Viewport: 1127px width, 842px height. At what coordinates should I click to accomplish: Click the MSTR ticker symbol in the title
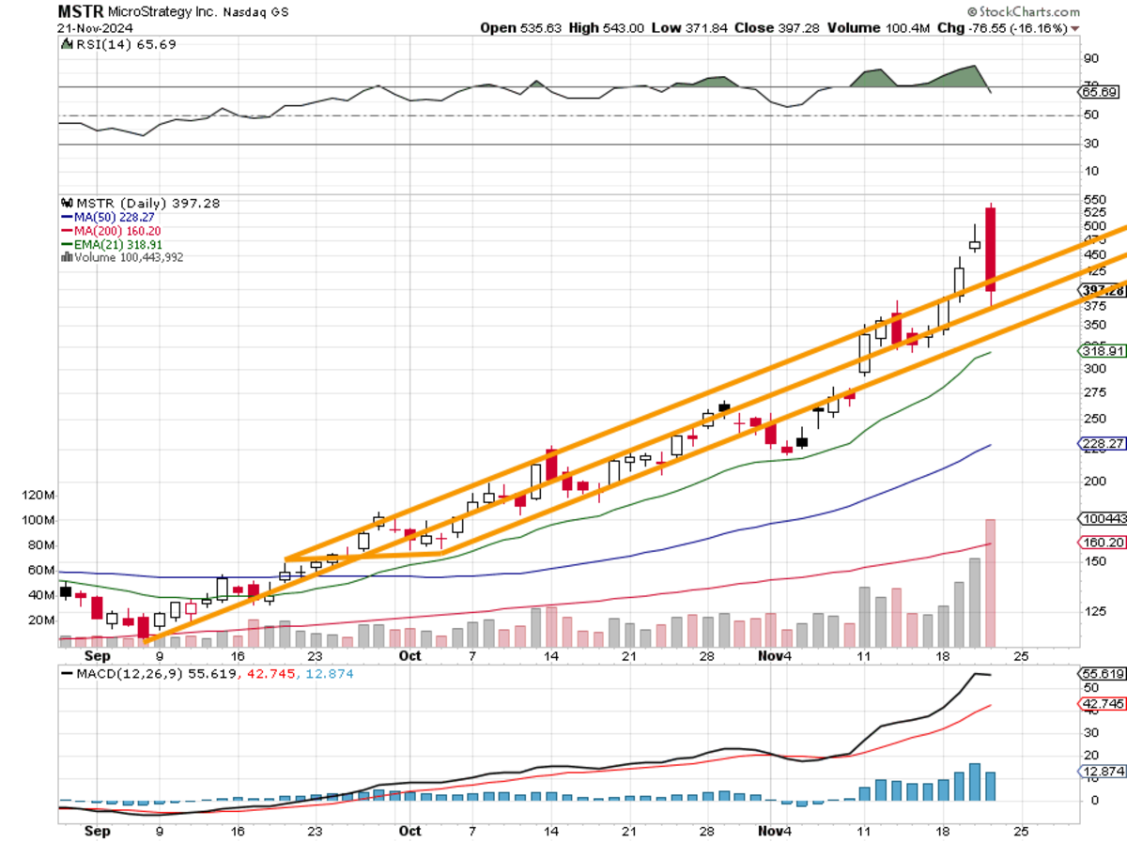(x=78, y=11)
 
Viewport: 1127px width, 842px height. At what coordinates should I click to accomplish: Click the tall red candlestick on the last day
(x=990, y=249)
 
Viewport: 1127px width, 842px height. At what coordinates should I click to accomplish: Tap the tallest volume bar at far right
(x=990, y=582)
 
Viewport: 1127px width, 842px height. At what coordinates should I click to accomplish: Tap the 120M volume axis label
(x=40, y=495)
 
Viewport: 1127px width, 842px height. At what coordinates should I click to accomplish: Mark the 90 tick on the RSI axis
(x=1090, y=58)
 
